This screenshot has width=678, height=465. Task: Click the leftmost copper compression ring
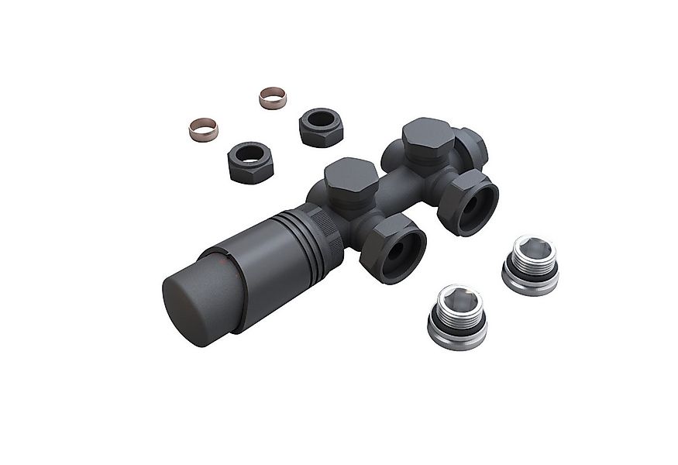(204, 128)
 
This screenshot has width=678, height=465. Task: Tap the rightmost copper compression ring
(272, 98)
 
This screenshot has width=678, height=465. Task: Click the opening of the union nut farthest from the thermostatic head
(472, 207)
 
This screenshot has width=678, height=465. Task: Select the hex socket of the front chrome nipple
(458, 298)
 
